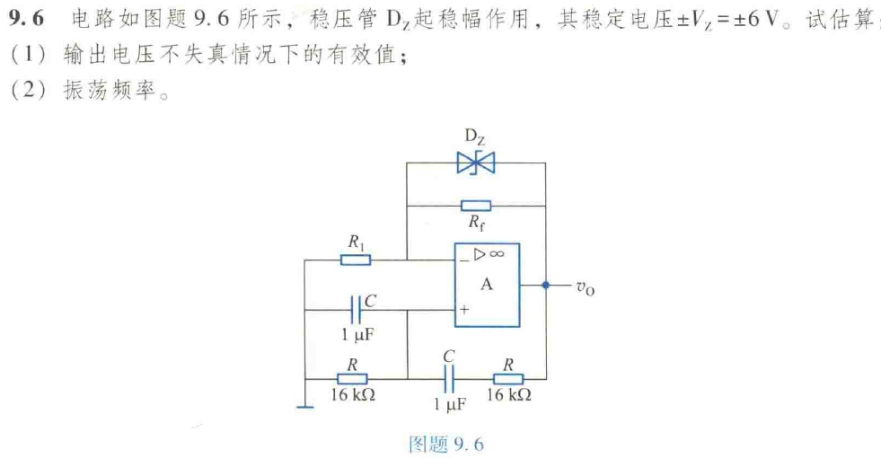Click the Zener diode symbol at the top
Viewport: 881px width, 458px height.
475,163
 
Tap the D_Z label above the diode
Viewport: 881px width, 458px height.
475,137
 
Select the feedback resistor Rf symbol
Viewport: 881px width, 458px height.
475,206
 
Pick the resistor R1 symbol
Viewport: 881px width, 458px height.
356,260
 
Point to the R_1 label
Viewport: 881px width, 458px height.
357,242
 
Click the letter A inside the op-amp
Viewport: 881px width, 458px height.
487,284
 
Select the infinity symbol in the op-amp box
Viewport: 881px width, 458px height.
497,254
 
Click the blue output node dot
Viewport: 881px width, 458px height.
545,285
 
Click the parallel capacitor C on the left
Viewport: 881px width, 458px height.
356,310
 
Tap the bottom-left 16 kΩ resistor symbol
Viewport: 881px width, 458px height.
356,378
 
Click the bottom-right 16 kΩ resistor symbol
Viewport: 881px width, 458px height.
508,378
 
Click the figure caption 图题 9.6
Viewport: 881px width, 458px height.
445,444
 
